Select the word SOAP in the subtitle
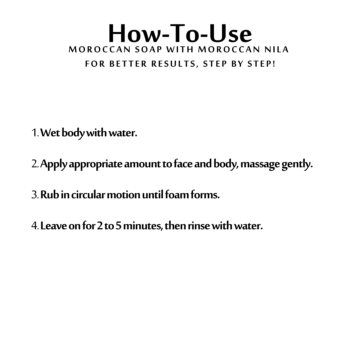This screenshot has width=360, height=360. (x=148, y=49)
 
